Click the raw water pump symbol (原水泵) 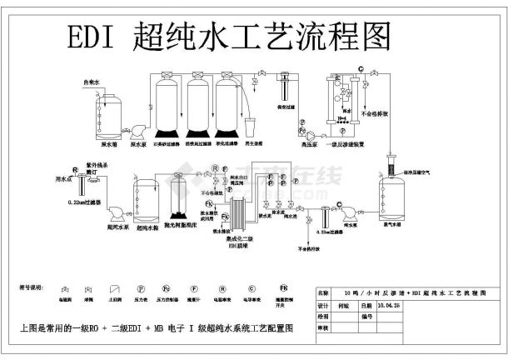click(x=132, y=129)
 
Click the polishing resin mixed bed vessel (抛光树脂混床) click(x=178, y=203)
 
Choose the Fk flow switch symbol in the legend click(x=284, y=288)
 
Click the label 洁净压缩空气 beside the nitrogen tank click(x=421, y=172)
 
